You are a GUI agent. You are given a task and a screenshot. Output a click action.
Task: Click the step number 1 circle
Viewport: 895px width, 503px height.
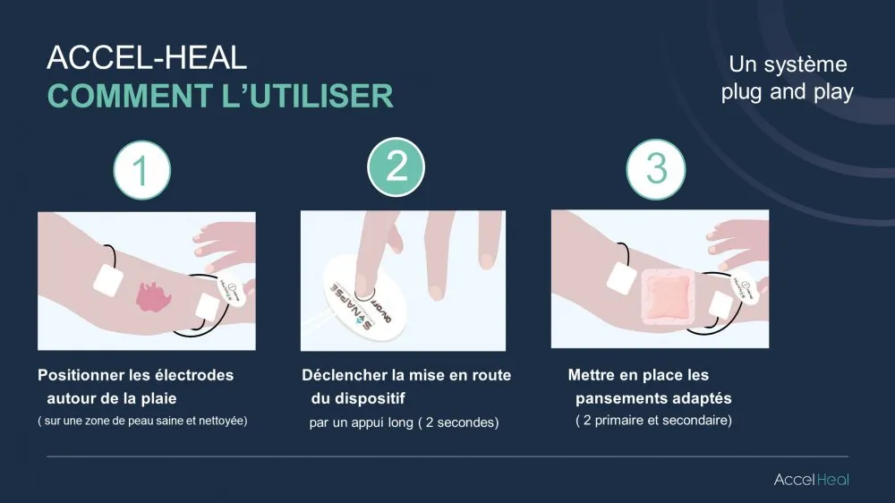click(x=142, y=170)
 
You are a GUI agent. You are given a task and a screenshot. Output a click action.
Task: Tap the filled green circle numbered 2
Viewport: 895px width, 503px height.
click(x=396, y=166)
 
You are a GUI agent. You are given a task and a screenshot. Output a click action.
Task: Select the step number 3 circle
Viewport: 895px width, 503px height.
click(x=656, y=169)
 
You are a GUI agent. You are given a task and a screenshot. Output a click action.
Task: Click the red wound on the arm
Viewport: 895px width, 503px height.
click(x=153, y=297)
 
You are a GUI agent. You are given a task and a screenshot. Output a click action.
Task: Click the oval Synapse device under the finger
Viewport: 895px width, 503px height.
click(x=365, y=298)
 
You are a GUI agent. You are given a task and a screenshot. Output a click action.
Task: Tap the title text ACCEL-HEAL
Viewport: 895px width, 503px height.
click(x=147, y=57)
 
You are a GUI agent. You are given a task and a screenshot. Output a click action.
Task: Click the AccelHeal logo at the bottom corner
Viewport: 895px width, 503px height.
click(x=811, y=480)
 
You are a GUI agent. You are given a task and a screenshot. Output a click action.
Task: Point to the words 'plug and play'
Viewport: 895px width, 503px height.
click(x=787, y=92)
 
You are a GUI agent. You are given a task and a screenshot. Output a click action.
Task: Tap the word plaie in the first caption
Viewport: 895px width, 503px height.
click(x=159, y=398)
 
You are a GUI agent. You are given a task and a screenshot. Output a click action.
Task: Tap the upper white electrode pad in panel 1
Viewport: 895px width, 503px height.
click(x=108, y=280)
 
